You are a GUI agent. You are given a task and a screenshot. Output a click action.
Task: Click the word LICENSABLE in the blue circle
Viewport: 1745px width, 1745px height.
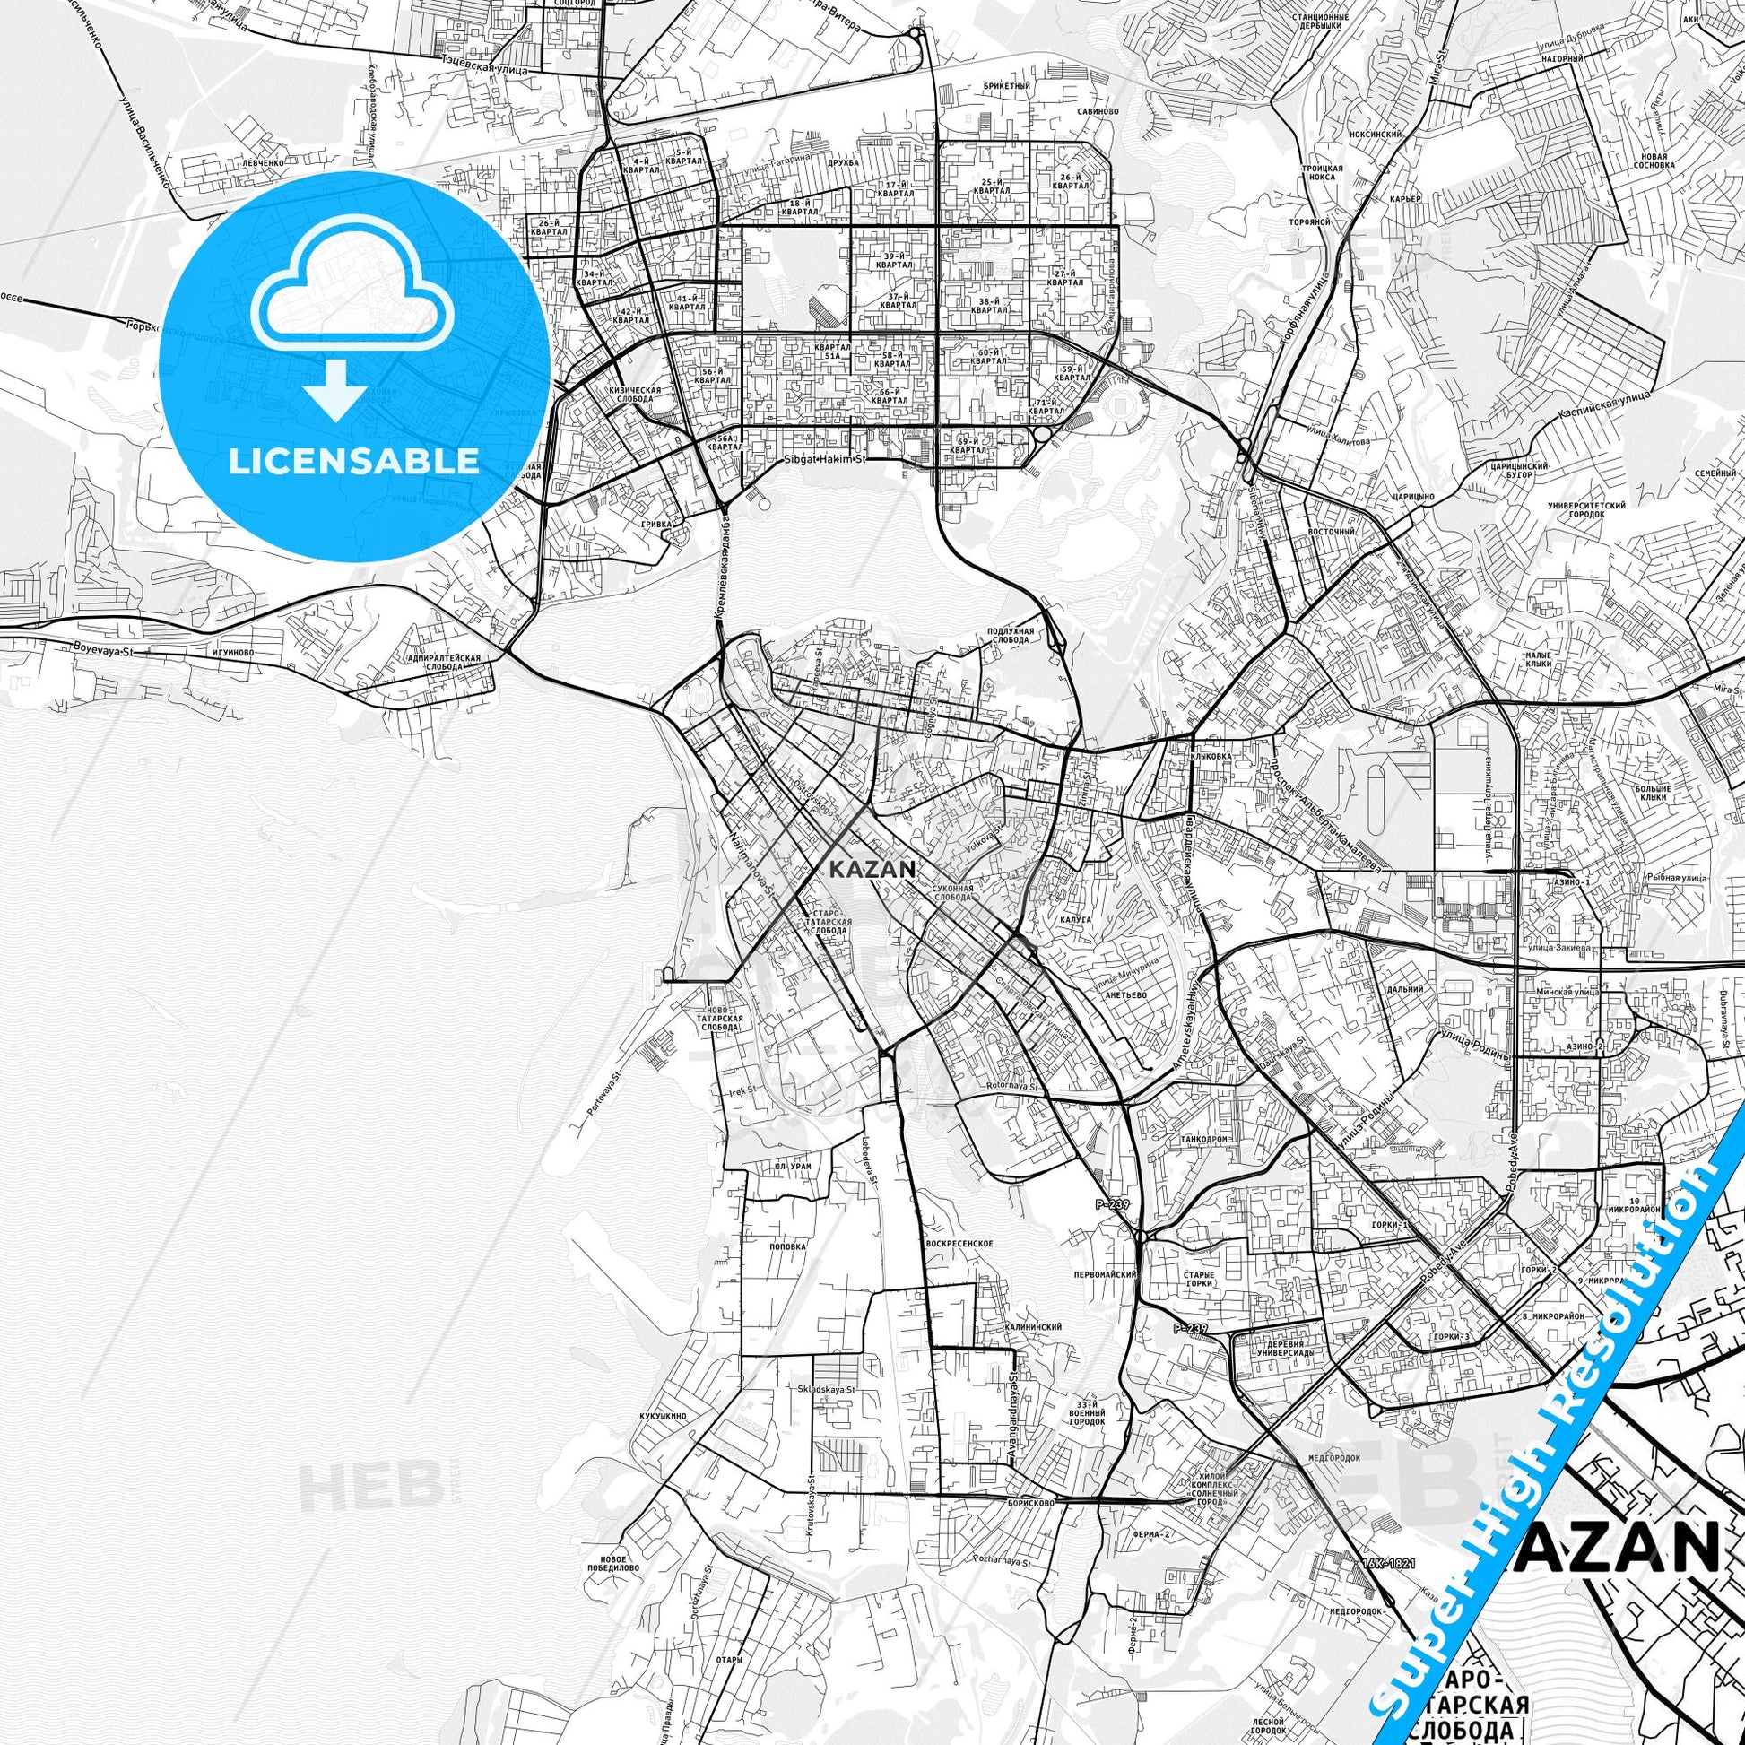(354, 461)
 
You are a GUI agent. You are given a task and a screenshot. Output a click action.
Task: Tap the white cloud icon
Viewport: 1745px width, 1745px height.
(354, 291)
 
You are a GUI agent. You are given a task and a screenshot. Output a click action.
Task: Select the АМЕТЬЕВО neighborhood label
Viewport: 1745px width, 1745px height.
(1125, 994)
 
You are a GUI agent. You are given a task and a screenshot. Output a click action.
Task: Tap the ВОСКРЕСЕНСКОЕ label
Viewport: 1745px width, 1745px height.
(966, 1244)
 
